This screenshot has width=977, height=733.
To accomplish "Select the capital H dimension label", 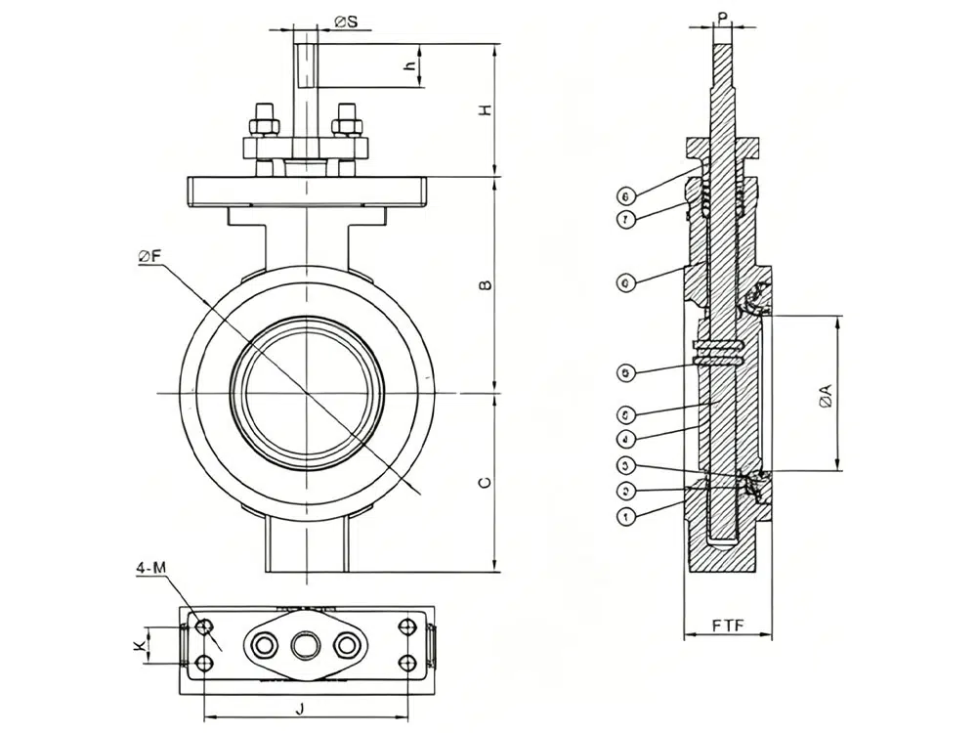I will (x=483, y=111).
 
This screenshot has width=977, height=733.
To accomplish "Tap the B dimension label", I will (x=483, y=285).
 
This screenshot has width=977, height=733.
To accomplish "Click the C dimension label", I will (x=483, y=483).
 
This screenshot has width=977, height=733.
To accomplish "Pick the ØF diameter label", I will (x=150, y=256).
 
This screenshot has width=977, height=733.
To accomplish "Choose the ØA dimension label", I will (x=826, y=395).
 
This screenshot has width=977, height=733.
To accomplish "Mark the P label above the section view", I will (x=722, y=17).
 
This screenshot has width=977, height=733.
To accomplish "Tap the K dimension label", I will (x=140, y=645).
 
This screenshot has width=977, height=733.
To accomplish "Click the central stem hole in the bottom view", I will (x=304, y=644).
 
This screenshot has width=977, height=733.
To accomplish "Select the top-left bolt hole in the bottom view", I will (x=204, y=625).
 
